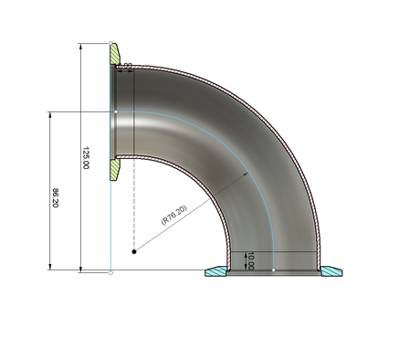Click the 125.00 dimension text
(x=86, y=158)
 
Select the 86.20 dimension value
(x=55, y=198)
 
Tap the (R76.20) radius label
(x=174, y=215)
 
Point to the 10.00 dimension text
(x=250, y=260)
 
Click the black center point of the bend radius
(x=134, y=251)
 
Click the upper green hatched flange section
(x=115, y=54)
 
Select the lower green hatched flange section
(x=115, y=170)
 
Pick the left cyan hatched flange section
(x=216, y=271)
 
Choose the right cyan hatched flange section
(x=331, y=271)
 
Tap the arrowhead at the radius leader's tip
(x=247, y=174)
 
